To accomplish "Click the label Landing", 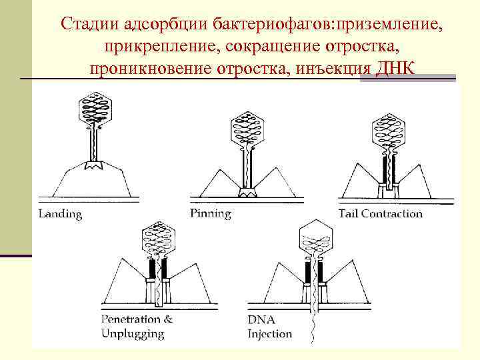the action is [x=60, y=214].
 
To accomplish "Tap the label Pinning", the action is [x=210, y=214].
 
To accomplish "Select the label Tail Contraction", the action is [x=380, y=214].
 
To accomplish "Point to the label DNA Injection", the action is [x=269, y=327].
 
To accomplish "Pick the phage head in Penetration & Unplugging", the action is [x=158, y=239].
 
